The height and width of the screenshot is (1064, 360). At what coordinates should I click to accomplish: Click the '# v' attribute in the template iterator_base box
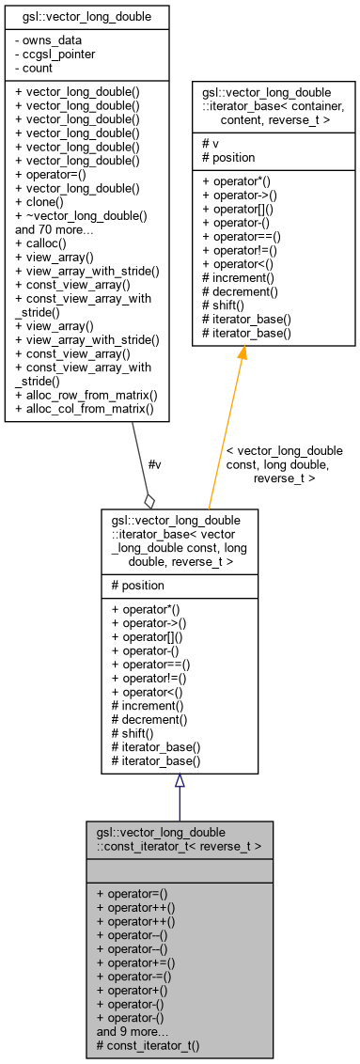click(209, 144)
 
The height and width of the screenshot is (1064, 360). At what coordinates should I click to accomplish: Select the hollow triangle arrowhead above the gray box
click(179, 780)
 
